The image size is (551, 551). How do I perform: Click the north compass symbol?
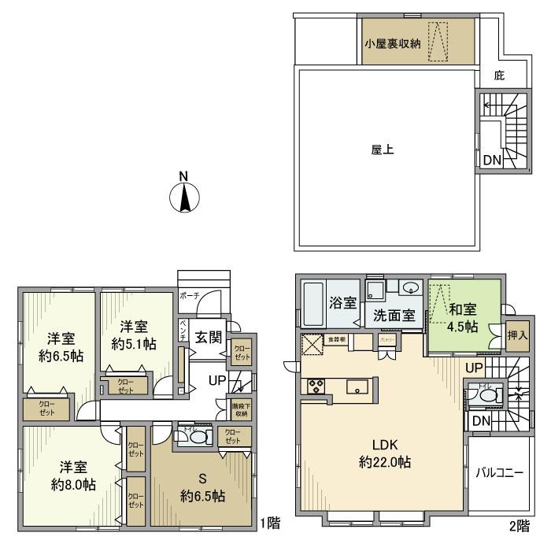(x=183, y=196)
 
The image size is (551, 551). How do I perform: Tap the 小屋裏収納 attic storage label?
(x=393, y=43)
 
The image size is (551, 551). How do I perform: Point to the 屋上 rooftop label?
(x=383, y=149)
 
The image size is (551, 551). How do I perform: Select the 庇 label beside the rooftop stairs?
(x=499, y=76)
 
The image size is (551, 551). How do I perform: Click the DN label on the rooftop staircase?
(x=492, y=161)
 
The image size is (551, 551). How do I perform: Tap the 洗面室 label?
(x=393, y=316)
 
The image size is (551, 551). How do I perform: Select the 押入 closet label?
(x=516, y=335)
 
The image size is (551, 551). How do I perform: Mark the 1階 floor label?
(x=268, y=521)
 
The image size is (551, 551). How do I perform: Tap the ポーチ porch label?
(x=190, y=295)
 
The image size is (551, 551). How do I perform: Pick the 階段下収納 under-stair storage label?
(x=240, y=410)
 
